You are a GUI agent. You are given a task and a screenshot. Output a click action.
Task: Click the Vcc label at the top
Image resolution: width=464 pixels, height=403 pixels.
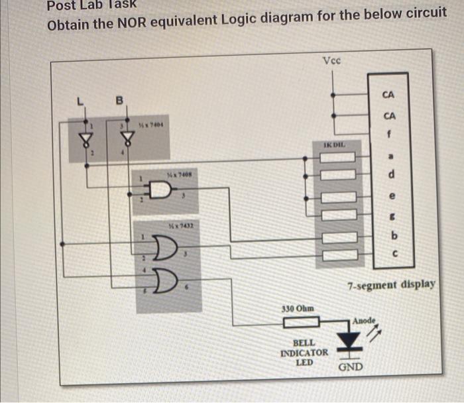332,61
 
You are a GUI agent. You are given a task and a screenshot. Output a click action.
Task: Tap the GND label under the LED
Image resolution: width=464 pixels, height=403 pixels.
350,366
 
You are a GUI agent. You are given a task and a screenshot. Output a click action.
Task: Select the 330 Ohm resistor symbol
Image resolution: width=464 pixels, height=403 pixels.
302,323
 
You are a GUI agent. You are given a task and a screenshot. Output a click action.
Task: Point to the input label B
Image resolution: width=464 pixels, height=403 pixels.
120,101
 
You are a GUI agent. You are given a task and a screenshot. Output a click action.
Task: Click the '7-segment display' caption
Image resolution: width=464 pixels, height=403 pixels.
391,285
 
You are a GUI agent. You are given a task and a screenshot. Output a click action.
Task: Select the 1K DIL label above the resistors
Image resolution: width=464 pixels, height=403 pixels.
335,144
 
